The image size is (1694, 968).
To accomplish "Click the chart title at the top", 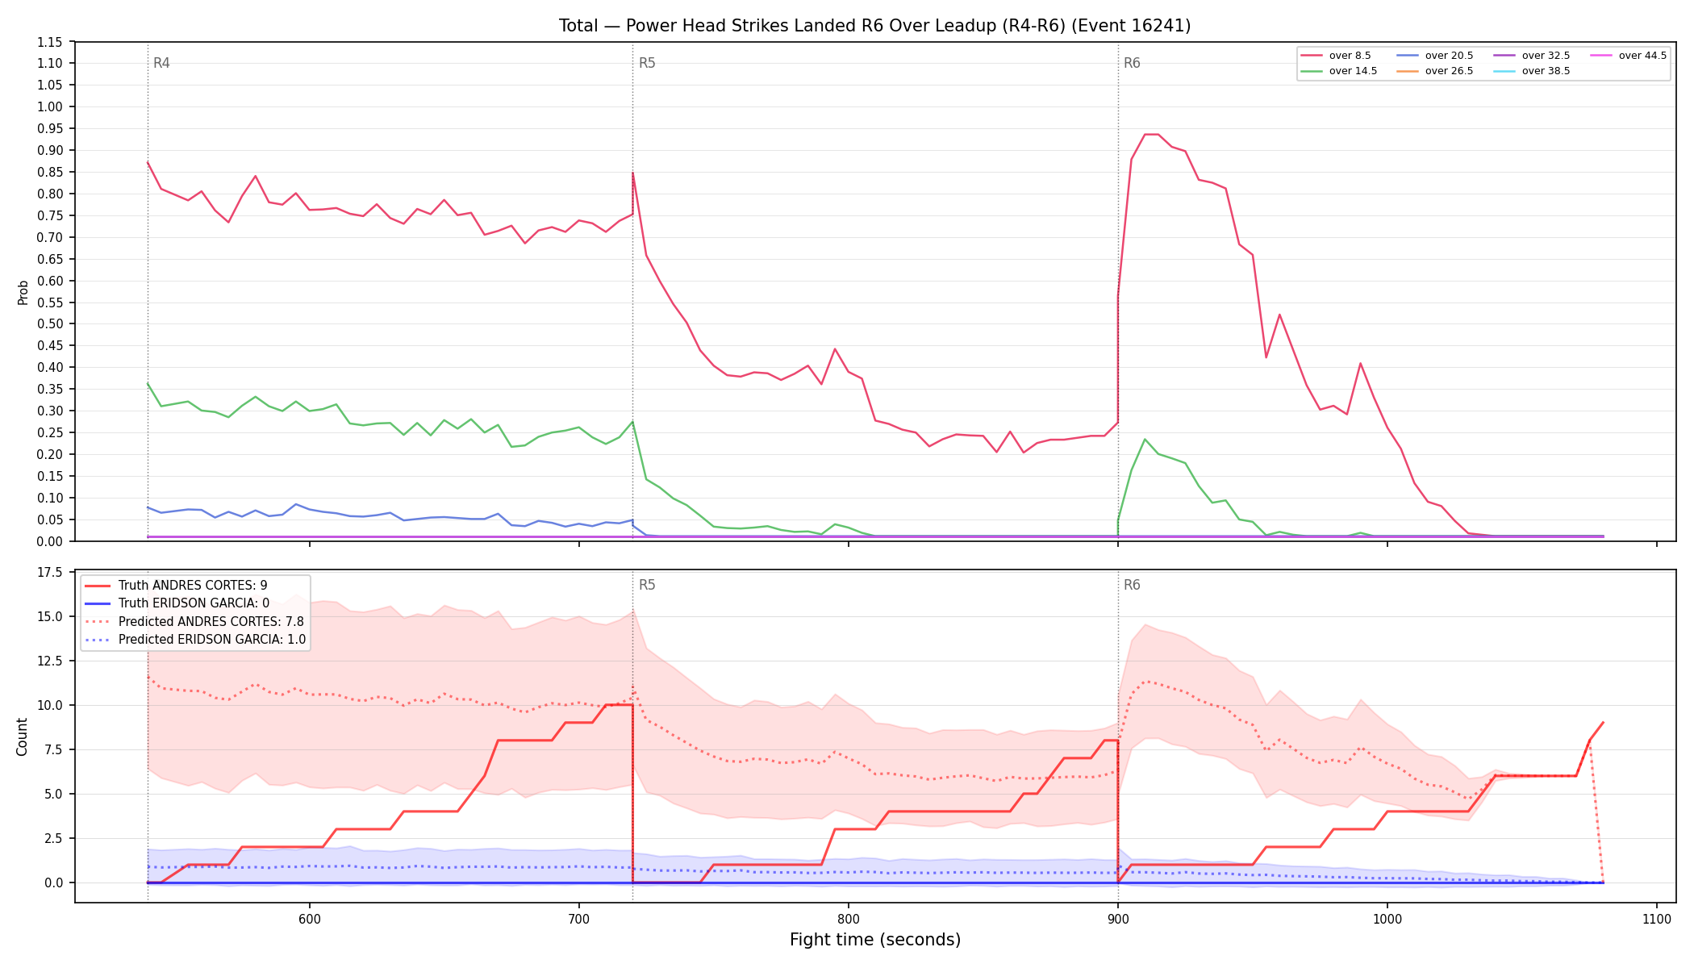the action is pos(874,26).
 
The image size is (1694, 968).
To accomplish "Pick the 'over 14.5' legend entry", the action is pos(1339,71).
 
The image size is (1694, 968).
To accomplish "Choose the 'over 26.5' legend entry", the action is pos(1435,71).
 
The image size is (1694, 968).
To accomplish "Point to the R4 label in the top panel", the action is pos(161,63).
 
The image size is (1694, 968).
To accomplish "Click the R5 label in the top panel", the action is pos(647,63).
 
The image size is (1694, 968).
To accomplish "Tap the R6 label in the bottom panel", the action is pos(1132,585).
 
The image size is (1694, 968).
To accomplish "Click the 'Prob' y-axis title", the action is pos(23,292).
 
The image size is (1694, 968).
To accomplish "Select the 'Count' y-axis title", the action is pos(22,736).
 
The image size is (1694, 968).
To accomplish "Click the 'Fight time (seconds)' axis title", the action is pos(875,940).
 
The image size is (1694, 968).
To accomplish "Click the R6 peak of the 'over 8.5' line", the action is pos(1152,134).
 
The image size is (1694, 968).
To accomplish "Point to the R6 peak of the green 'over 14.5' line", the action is pos(1145,440).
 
